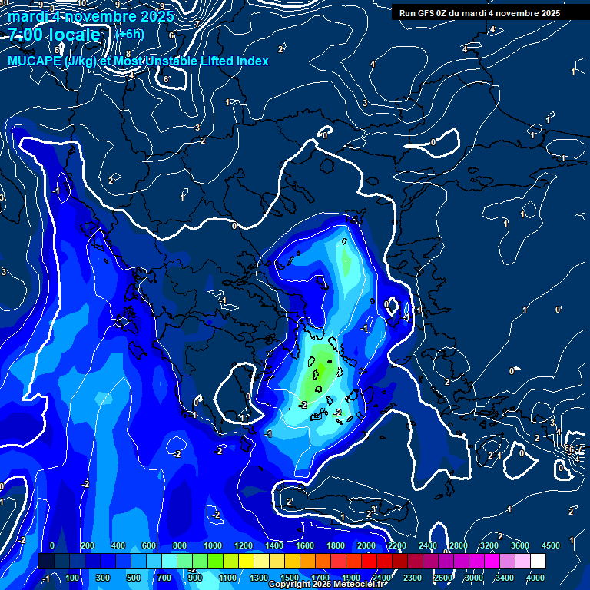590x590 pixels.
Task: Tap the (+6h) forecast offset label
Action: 130,34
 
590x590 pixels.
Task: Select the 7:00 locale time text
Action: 54,35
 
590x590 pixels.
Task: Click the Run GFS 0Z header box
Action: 479,12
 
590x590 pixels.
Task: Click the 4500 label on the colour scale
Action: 551,545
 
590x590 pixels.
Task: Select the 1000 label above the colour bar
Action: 211,545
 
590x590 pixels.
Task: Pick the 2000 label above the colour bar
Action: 366,545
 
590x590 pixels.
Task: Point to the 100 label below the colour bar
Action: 73,578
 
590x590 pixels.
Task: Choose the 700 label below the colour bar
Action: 164,578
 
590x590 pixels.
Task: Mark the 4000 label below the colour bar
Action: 535,578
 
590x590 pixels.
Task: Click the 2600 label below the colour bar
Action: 443,578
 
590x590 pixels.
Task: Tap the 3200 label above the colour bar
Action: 489,545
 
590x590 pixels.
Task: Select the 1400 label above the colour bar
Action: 273,545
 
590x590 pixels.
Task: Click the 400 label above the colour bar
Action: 118,545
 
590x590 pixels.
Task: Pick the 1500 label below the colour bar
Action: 290,578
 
